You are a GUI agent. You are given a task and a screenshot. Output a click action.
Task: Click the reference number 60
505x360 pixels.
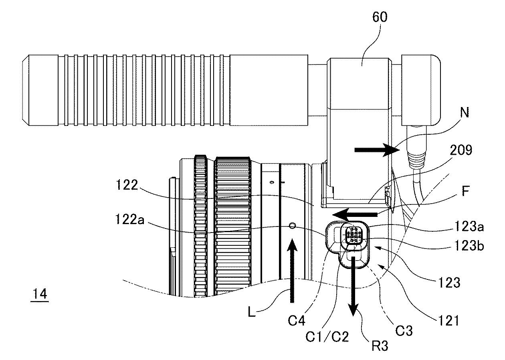(380, 17)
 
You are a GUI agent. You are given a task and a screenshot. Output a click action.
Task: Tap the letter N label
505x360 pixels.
(464, 112)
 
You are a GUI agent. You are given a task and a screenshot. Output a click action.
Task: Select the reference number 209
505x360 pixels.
(461, 150)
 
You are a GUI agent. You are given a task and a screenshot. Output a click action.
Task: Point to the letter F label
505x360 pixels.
(466, 191)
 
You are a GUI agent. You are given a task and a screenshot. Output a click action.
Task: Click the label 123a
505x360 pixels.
(469, 226)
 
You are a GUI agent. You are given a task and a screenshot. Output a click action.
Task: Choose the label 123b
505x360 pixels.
(469, 246)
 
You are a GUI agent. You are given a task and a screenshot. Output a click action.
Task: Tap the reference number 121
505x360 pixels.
(448, 321)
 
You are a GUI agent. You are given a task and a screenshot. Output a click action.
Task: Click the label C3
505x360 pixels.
(404, 331)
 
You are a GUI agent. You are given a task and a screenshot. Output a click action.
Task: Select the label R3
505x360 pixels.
(380, 346)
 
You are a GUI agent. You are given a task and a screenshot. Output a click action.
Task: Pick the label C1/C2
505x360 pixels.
(327, 336)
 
